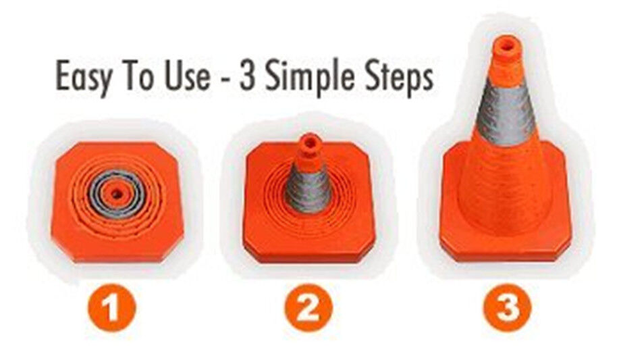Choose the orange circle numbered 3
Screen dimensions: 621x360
point(508,308)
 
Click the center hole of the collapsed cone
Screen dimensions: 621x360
point(116,195)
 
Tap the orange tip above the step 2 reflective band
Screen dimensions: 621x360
point(309,151)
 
